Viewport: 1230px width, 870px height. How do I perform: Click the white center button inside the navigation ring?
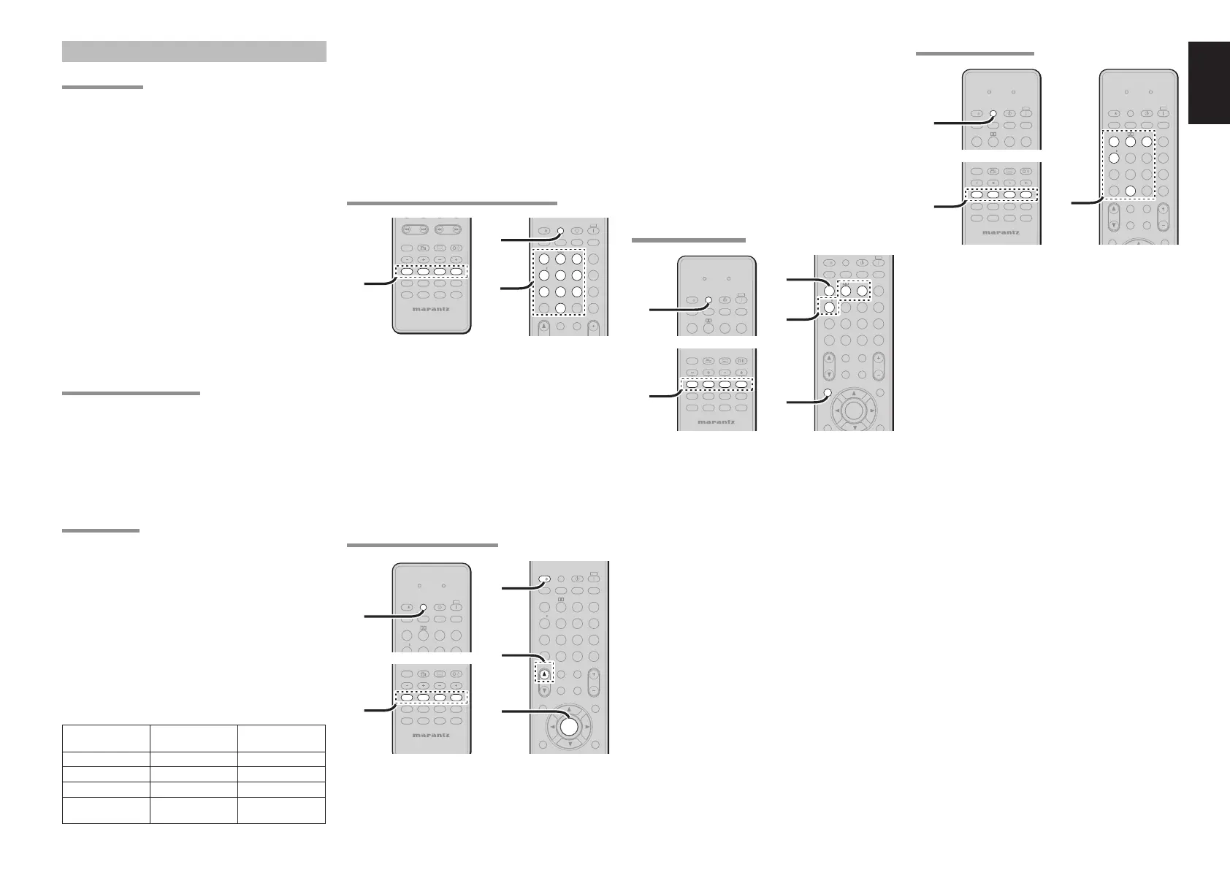pos(569,725)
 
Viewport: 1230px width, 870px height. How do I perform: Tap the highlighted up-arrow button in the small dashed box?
pos(544,674)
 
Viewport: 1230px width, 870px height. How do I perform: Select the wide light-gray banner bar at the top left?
pos(194,51)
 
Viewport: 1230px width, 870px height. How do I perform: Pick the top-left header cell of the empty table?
pos(106,738)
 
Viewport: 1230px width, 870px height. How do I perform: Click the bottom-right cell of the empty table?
pos(281,810)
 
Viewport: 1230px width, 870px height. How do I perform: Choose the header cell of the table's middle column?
pos(194,738)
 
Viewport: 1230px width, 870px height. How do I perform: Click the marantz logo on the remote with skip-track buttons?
pos(431,308)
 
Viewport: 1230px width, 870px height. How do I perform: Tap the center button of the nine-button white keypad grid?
pos(560,275)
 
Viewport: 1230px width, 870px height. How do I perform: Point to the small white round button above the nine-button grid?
pos(560,231)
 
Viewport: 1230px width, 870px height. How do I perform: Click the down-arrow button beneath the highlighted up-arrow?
pos(544,690)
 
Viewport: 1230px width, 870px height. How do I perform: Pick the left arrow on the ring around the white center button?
pos(551,726)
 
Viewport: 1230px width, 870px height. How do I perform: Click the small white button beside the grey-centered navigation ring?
pos(828,393)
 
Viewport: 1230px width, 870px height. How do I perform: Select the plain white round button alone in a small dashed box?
pos(828,308)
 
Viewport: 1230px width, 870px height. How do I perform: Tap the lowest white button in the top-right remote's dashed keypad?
pos(1130,190)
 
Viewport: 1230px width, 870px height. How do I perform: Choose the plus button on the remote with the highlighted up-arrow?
pos(593,674)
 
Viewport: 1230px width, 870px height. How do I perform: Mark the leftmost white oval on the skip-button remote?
pos(406,272)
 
